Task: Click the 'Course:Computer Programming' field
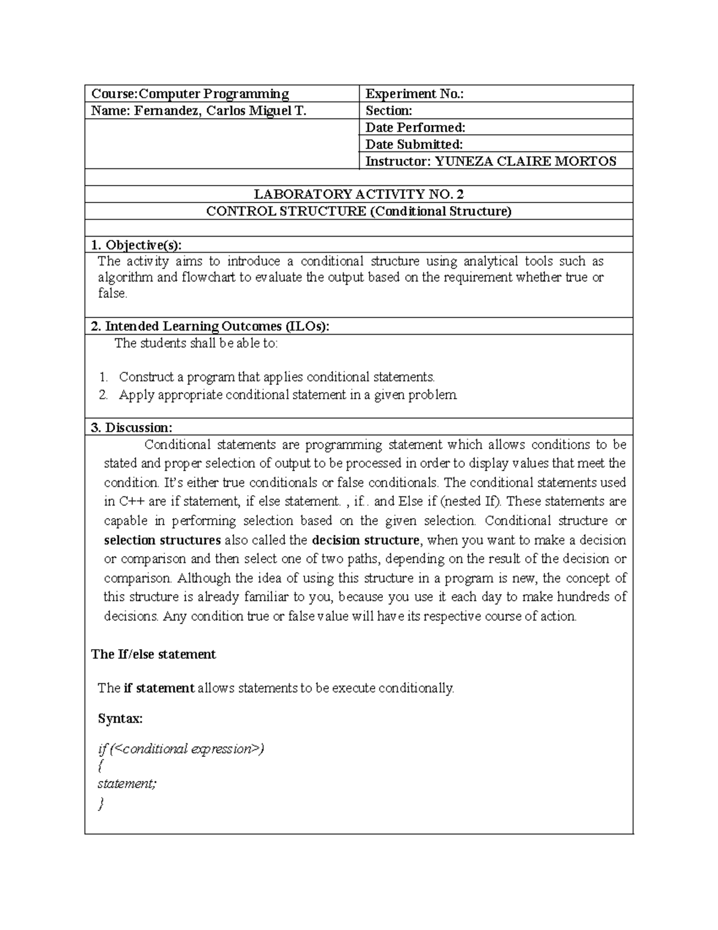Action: point(190,93)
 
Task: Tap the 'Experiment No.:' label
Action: point(415,93)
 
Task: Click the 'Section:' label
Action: point(389,110)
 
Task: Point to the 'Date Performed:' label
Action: point(415,127)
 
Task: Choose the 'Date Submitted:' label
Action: point(414,144)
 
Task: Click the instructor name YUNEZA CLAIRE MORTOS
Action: point(525,160)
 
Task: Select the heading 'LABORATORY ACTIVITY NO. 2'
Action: point(359,194)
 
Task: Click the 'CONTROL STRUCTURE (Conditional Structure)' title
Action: point(359,211)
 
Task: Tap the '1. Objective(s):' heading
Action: point(136,244)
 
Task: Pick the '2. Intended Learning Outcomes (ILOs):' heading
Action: point(210,326)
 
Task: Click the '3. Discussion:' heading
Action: point(132,427)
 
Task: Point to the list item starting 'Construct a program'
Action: point(276,377)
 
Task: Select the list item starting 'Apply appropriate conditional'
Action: point(288,395)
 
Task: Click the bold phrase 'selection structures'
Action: point(162,540)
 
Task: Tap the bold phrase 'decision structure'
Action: point(366,540)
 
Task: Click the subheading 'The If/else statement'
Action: point(153,654)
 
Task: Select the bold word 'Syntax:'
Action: point(120,718)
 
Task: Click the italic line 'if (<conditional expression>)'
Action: point(180,749)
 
